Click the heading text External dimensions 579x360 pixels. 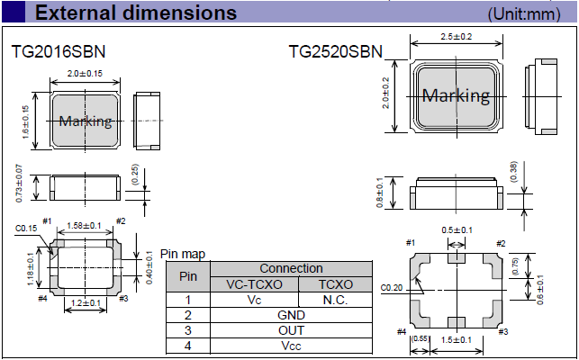(136, 13)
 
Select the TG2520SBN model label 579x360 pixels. (336, 52)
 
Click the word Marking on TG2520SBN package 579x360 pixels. (457, 95)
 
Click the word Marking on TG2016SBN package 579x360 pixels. (86, 121)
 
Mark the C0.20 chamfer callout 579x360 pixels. (391, 288)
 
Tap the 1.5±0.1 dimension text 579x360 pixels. (457, 340)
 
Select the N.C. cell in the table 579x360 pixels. (334, 300)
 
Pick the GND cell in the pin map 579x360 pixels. (292, 315)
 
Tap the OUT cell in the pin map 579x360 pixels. (292, 330)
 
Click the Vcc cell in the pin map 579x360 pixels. (292, 346)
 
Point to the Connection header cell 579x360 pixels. (292, 268)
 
